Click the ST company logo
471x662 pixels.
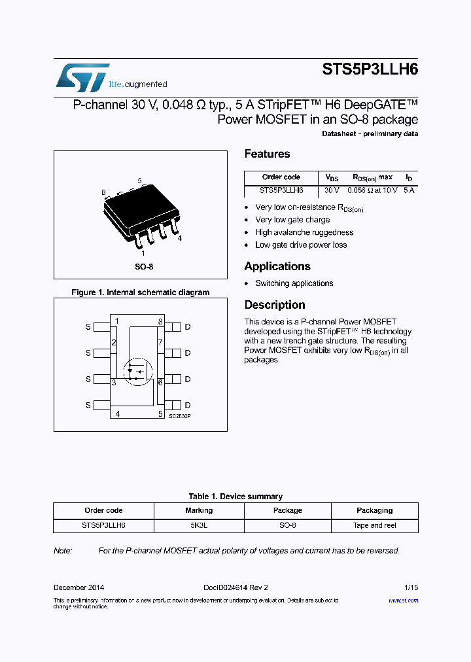coord(82,78)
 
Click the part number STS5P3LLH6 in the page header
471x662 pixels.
coord(370,70)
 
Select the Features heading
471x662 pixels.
coord(267,154)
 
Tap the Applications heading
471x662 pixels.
coord(277,266)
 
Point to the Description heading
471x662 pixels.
coord(275,305)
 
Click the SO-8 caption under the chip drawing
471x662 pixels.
coord(144,267)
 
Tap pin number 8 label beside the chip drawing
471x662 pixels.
coord(103,192)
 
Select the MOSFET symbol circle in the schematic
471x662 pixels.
coord(137,372)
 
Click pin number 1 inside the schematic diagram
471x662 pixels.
coord(117,321)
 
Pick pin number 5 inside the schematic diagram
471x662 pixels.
coord(160,413)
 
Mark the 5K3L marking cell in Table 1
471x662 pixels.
coord(199,525)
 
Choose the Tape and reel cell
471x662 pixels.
coord(374,525)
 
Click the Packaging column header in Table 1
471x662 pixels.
coord(374,510)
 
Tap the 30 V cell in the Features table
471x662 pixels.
coord(332,190)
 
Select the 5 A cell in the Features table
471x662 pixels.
coord(409,190)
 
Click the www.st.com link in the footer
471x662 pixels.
coord(403,601)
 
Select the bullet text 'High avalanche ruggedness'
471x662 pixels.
coord(304,232)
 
